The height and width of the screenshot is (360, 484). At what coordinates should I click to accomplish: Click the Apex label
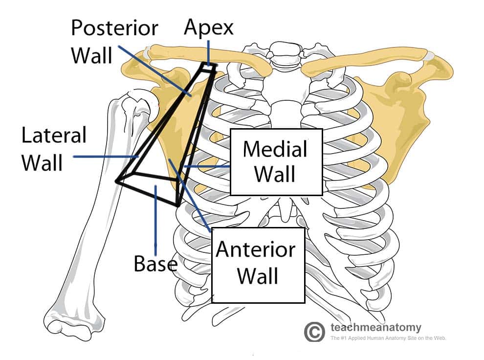(x=209, y=27)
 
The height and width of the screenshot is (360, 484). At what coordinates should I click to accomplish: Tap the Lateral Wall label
(x=53, y=149)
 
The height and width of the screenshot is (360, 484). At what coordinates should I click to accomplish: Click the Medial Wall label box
(x=276, y=161)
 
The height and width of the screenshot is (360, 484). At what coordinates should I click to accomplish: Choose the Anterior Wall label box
(x=258, y=264)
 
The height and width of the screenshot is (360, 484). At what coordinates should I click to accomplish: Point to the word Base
(x=155, y=264)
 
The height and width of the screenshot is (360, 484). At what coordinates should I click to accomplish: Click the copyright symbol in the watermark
(x=314, y=332)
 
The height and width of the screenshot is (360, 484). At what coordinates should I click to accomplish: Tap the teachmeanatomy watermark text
(x=375, y=327)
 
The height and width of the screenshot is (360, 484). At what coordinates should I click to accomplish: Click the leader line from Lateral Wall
(x=105, y=157)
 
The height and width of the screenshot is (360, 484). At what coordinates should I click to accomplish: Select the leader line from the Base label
(x=155, y=220)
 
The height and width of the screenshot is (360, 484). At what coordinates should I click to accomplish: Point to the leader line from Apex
(x=209, y=51)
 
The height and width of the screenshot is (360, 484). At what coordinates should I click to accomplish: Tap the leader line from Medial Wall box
(x=205, y=167)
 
